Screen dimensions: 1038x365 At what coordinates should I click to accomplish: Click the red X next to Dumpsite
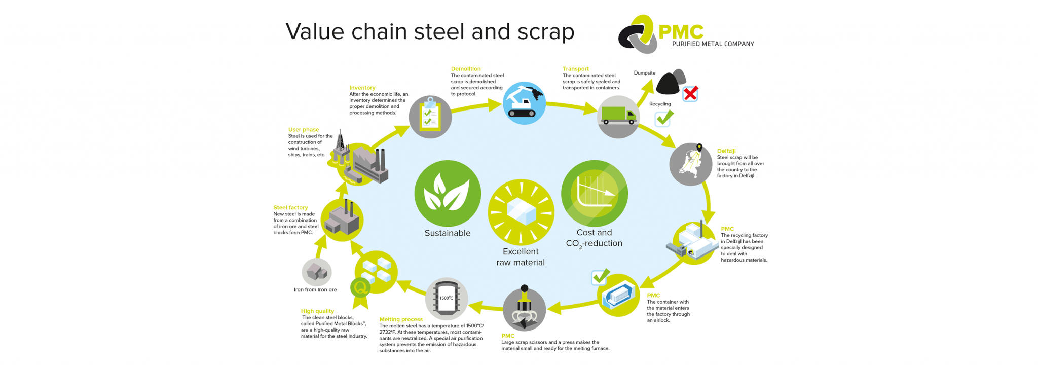pyautogui.click(x=690, y=94)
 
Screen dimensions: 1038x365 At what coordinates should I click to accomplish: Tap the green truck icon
pyautogui.click(x=618, y=117)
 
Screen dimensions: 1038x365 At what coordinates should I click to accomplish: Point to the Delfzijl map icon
pyautogui.click(x=690, y=164)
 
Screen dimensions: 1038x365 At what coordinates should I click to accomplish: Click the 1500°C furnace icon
pyautogui.click(x=447, y=299)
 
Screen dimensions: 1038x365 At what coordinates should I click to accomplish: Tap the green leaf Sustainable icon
pyautogui.click(x=448, y=193)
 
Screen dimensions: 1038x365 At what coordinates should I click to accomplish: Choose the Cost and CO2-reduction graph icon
pyautogui.click(x=595, y=193)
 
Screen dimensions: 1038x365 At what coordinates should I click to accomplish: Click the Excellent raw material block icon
pyautogui.click(x=521, y=212)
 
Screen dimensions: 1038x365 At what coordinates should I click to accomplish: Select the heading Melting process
pyautogui.click(x=401, y=319)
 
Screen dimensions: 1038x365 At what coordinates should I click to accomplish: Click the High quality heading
pyautogui.click(x=317, y=311)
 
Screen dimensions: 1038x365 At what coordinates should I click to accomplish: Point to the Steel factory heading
pyautogui.click(x=290, y=207)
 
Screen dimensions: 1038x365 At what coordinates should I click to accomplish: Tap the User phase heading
pyautogui.click(x=304, y=130)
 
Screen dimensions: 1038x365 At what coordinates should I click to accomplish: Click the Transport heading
pyautogui.click(x=576, y=69)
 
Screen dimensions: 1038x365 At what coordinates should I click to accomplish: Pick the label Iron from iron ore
pyautogui.click(x=315, y=290)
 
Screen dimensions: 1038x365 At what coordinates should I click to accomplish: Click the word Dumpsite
pyautogui.click(x=645, y=73)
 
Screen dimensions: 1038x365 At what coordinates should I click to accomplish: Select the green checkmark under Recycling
pyautogui.click(x=664, y=118)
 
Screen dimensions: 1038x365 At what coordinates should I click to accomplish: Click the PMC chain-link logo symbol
pyautogui.click(x=637, y=34)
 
